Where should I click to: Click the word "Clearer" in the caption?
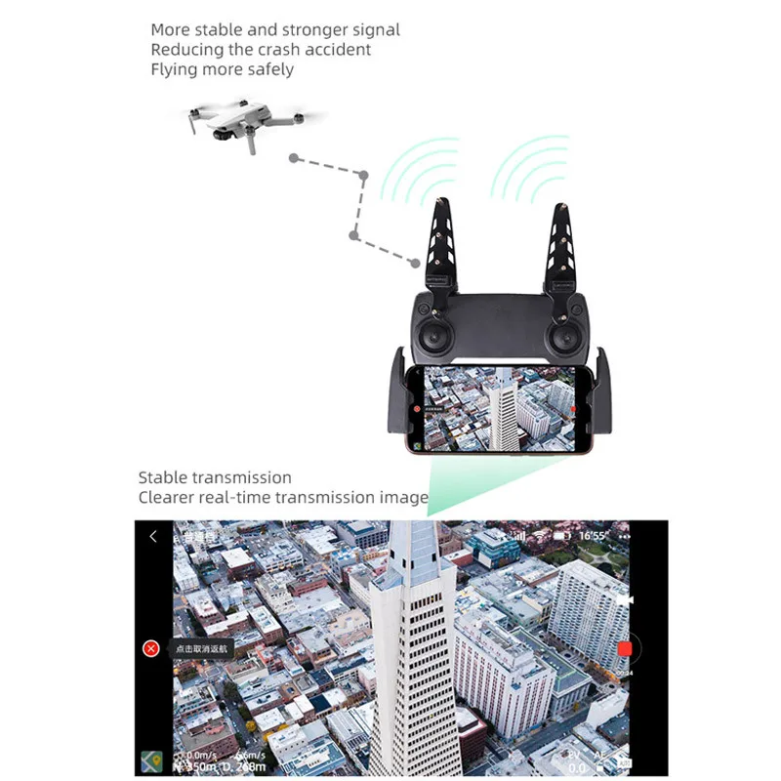pyautogui.click(x=171, y=498)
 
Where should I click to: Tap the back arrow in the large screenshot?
pyautogui.click(x=153, y=537)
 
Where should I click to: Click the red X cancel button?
pyautogui.click(x=150, y=649)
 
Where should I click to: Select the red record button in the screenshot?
pyautogui.click(x=625, y=649)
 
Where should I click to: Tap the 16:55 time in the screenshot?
pyautogui.click(x=593, y=537)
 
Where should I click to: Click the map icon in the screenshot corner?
pyautogui.click(x=150, y=761)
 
